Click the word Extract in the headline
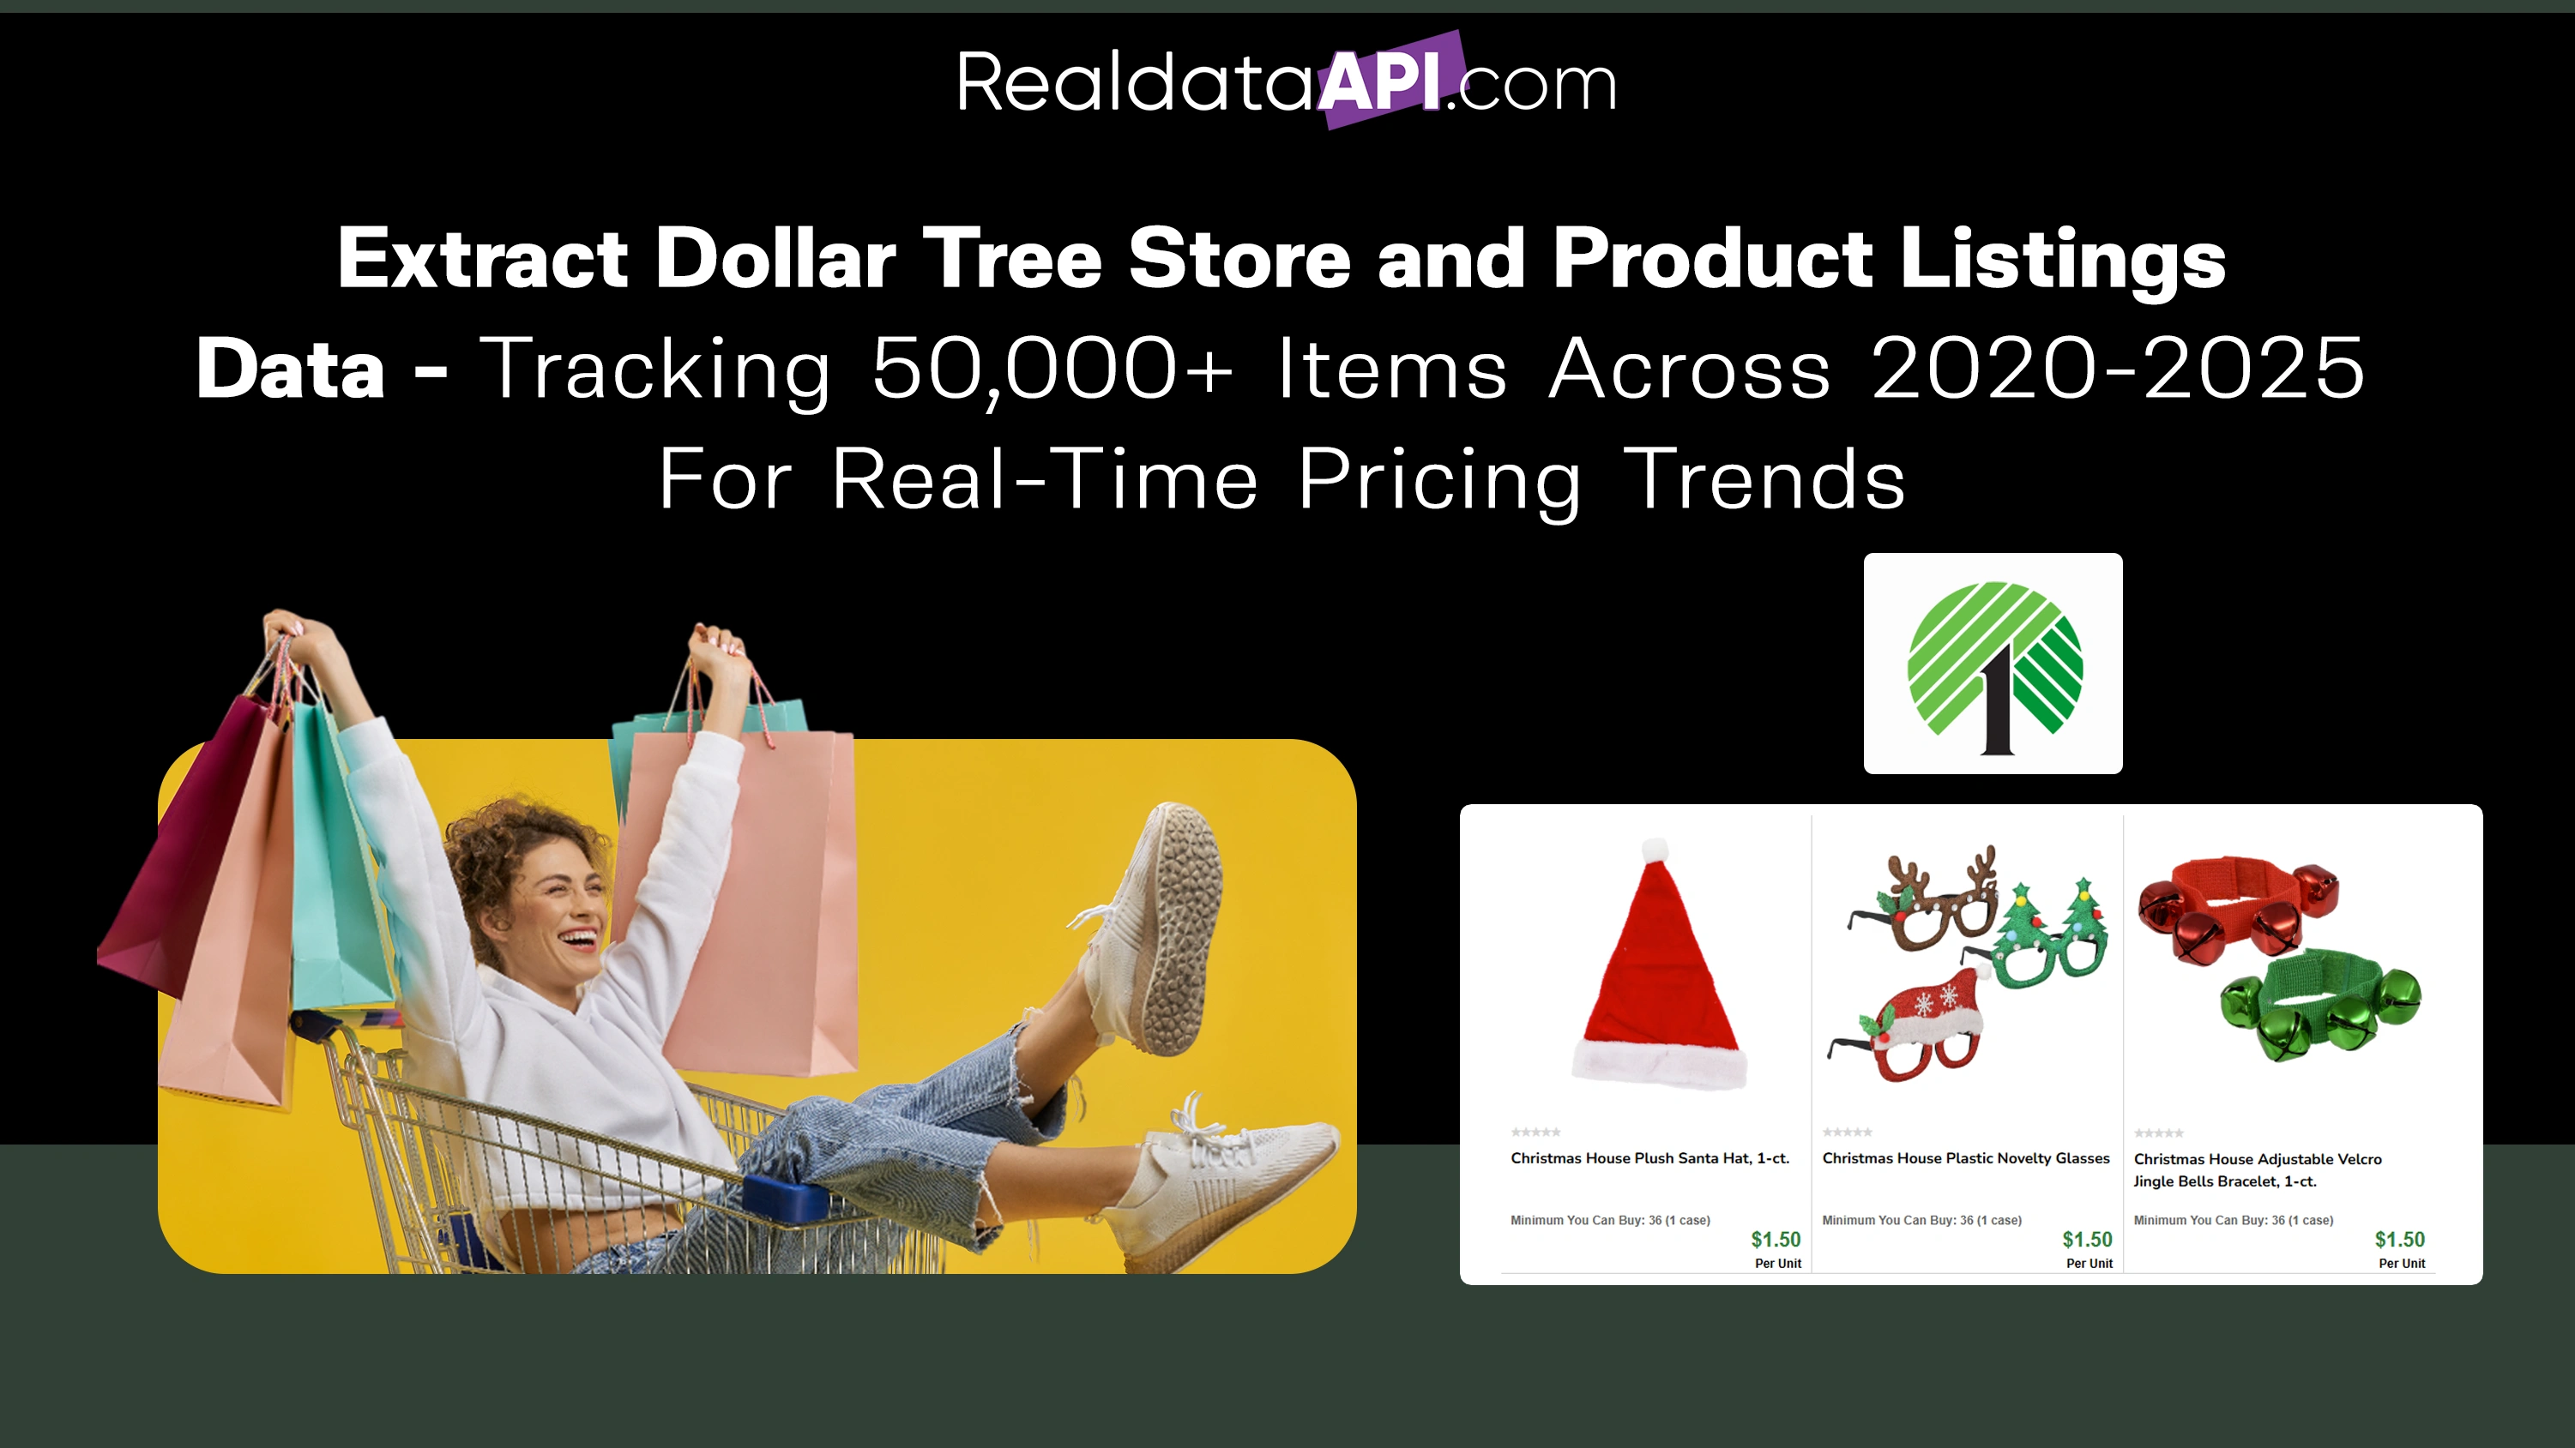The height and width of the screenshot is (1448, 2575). point(483,259)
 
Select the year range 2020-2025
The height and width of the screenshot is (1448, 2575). point(2117,369)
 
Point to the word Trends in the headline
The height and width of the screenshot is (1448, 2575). point(1764,480)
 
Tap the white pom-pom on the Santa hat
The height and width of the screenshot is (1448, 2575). point(1655,851)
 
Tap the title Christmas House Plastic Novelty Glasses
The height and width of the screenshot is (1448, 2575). point(1965,1158)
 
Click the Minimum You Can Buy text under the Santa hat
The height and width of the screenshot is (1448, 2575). point(1609,1220)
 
